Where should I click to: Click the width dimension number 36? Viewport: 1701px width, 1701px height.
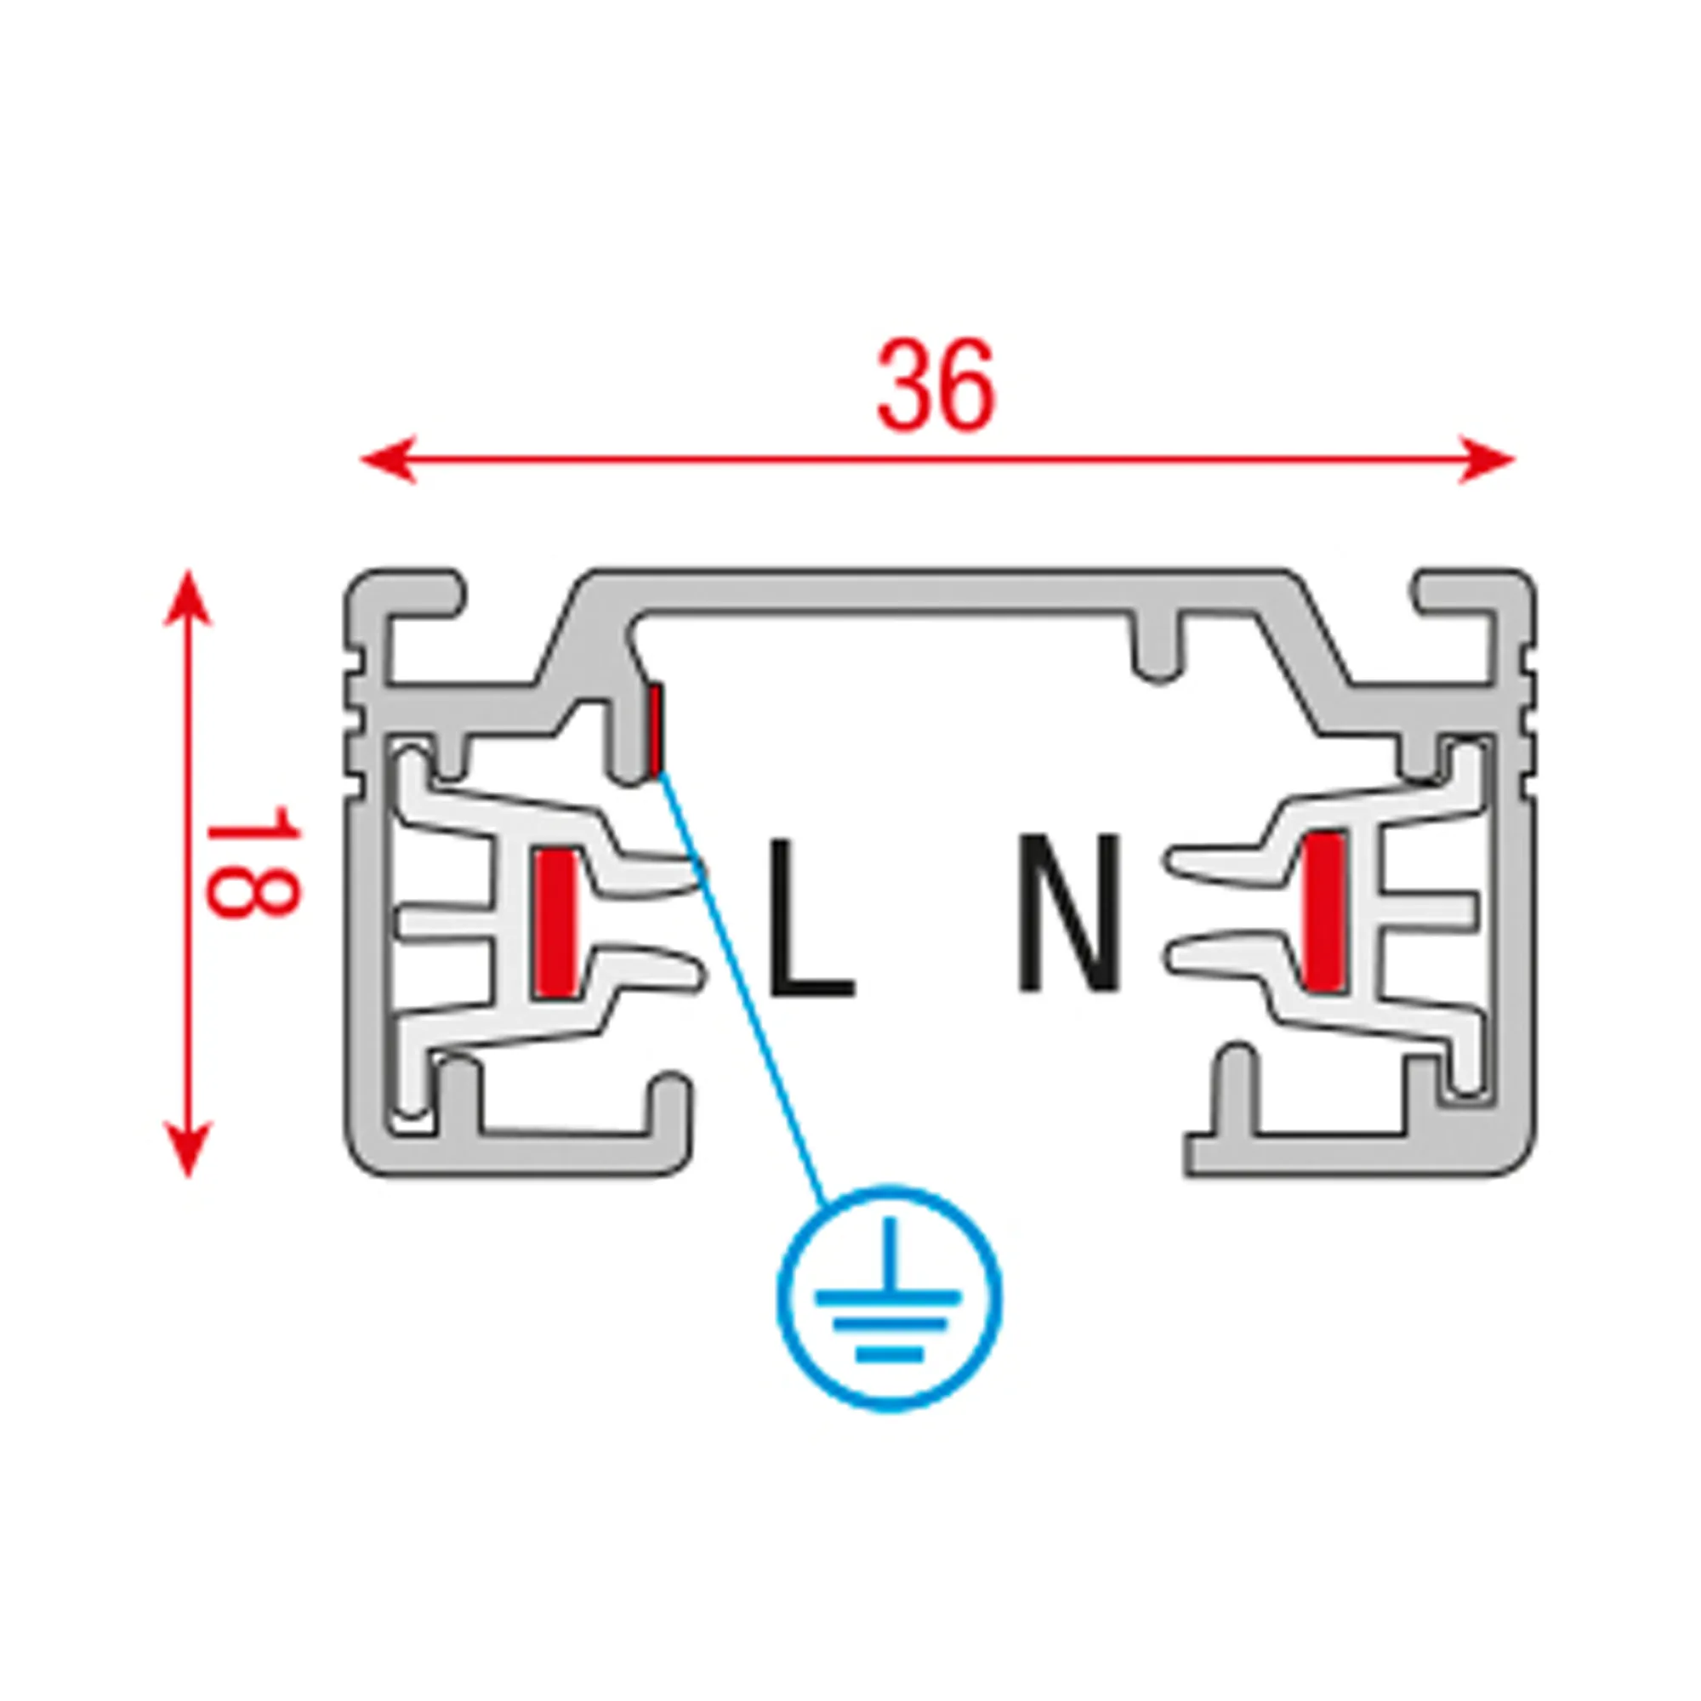[936, 385]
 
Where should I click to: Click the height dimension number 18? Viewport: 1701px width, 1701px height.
[253, 860]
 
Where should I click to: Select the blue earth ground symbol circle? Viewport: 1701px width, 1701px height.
[890, 1299]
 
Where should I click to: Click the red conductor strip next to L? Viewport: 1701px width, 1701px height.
[556, 923]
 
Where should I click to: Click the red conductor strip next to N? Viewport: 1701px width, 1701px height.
[1324, 910]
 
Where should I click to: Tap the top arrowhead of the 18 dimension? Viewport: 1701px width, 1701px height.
[187, 599]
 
